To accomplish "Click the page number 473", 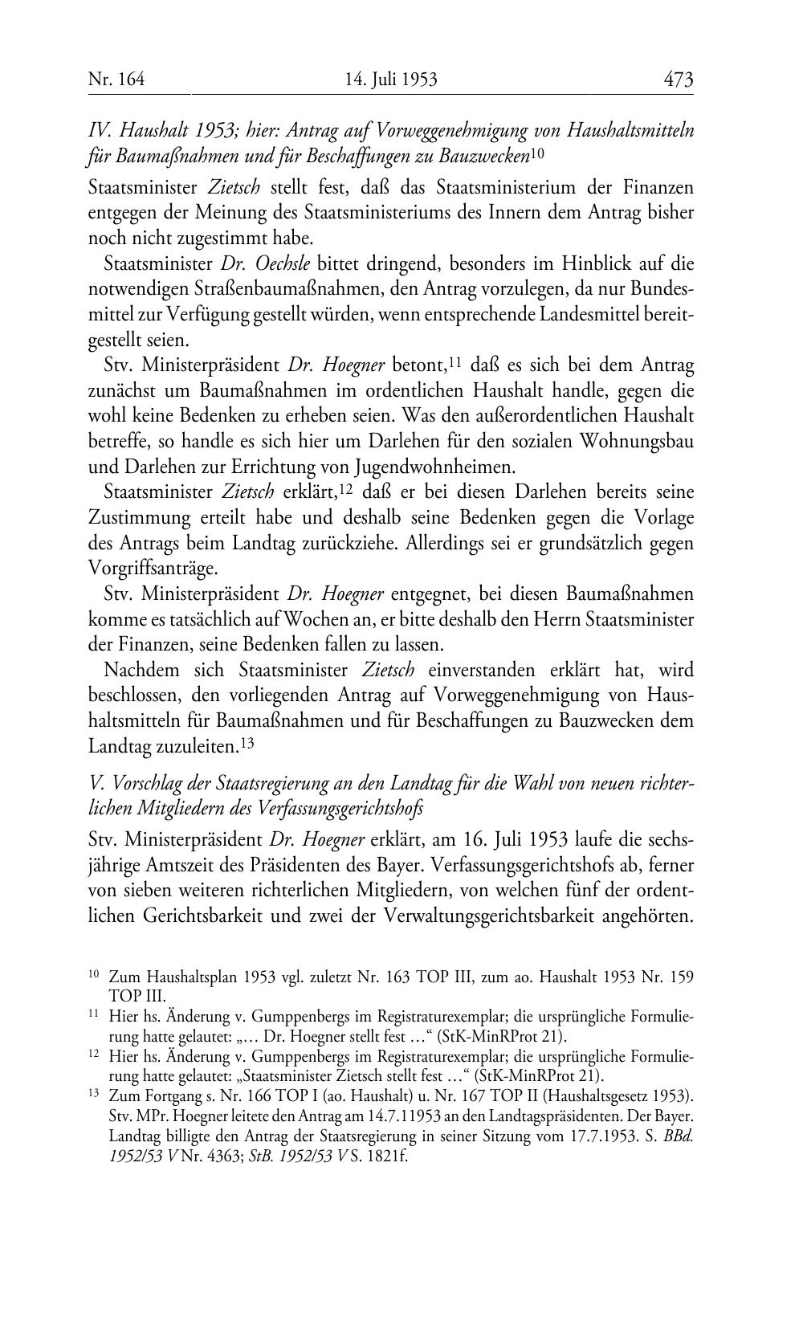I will (678, 80).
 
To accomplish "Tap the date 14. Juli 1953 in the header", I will (391, 80).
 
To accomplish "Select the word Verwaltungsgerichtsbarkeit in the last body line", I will (498, 917).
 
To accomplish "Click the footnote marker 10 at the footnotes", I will (93, 975).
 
